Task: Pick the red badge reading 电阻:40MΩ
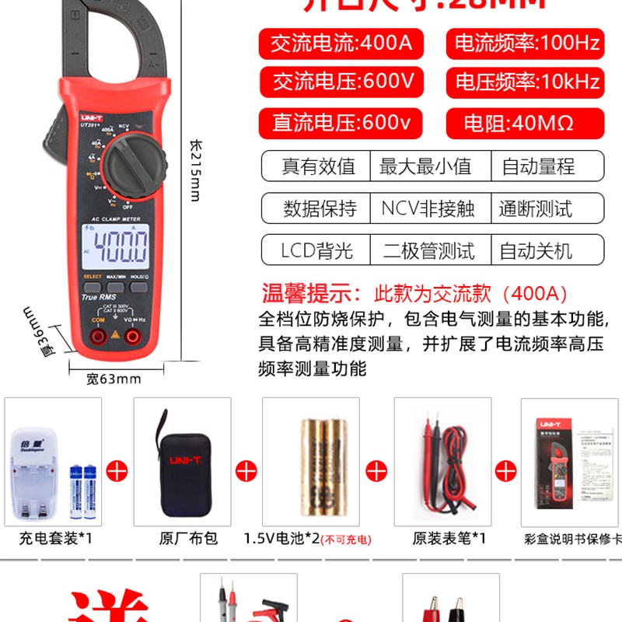(525, 123)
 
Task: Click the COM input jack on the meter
(99, 337)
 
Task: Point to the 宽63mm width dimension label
(114, 379)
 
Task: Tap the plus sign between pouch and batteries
(246, 470)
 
